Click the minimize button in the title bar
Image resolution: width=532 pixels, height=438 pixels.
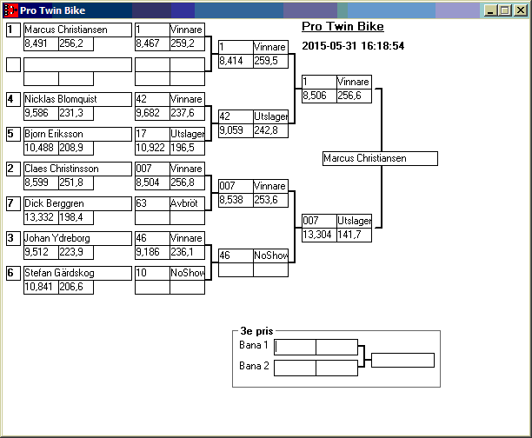[492, 10]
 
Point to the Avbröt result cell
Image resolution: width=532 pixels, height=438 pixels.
[187, 203]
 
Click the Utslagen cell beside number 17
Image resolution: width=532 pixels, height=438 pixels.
[187, 134]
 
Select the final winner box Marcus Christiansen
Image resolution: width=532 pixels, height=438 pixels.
[379, 159]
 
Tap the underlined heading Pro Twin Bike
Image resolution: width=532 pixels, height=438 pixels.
[342, 27]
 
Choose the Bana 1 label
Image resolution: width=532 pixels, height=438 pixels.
[254, 346]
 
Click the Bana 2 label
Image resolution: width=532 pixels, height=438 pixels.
[254, 367]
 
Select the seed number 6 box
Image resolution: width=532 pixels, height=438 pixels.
[13, 273]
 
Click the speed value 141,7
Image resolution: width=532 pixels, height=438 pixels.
[354, 235]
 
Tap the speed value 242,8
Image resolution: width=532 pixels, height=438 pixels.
[269, 130]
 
